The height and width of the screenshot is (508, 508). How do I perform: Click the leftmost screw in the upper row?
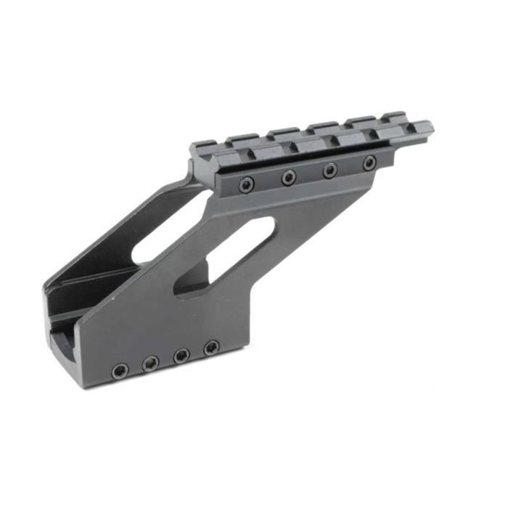tap(247, 185)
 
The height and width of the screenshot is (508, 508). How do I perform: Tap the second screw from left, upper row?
tap(289, 177)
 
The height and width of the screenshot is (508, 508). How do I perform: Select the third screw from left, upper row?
tap(329, 170)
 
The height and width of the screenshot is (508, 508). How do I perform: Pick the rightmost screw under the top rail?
tap(369, 162)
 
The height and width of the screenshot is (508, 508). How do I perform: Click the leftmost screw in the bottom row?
tap(120, 371)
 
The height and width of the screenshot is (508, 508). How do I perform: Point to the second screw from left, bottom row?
tap(151, 364)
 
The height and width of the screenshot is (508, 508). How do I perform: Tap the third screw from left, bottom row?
tap(181, 356)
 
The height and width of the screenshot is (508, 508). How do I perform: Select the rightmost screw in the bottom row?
tap(211, 348)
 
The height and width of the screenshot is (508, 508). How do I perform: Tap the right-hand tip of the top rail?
tap(431, 128)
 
